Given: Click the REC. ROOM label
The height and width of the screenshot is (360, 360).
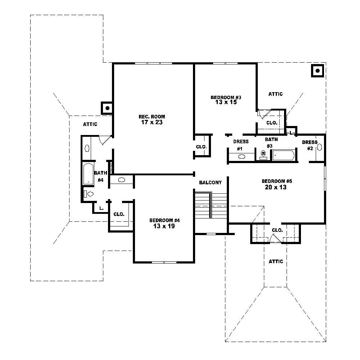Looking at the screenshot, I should click(152, 116).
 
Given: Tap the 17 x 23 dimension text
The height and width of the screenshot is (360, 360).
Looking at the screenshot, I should click(152, 122).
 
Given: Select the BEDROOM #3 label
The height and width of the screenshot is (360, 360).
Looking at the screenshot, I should click(226, 97).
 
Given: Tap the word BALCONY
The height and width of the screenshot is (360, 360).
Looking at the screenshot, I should click(210, 183).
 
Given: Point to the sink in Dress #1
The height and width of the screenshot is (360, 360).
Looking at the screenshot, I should click(242, 157).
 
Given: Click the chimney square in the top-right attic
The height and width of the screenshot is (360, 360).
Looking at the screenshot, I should click(318, 71).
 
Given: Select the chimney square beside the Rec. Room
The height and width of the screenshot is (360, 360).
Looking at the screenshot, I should click(107, 108).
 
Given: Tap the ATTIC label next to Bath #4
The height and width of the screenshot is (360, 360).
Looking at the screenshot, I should click(90, 125).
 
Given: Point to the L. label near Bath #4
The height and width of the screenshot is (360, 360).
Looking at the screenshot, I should click(102, 208).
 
